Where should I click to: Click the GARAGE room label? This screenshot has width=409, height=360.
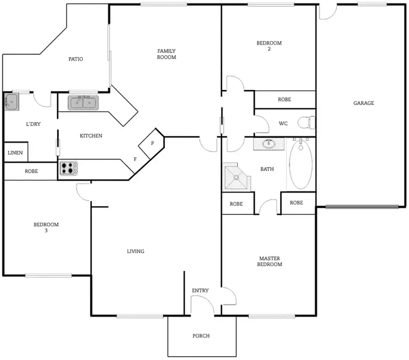[363, 103]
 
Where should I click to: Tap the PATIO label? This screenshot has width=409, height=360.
[75, 59]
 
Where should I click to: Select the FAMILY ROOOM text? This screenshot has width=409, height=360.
[166, 53]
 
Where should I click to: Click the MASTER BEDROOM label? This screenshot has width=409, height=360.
[269, 261]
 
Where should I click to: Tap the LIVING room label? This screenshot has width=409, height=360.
[135, 251]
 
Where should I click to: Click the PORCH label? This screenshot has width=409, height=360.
[201, 335]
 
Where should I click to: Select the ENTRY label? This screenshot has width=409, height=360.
[200, 291]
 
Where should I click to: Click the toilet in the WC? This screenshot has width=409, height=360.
[306, 123]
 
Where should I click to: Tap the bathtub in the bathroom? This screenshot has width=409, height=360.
[300, 164]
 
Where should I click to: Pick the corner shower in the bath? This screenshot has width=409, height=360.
[237, 177]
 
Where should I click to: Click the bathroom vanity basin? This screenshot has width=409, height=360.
[268, 144]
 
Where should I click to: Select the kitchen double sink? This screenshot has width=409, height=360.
[83, 102]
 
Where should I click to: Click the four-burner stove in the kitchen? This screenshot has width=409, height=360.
[68, 168]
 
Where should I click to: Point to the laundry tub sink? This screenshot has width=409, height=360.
[11, 101]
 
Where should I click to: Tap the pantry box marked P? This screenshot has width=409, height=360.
[152, 143]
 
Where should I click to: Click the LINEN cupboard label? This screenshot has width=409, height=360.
[15, 152]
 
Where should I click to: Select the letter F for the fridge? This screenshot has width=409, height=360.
[135, 159]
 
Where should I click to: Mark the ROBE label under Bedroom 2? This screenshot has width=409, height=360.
[284, 100]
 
